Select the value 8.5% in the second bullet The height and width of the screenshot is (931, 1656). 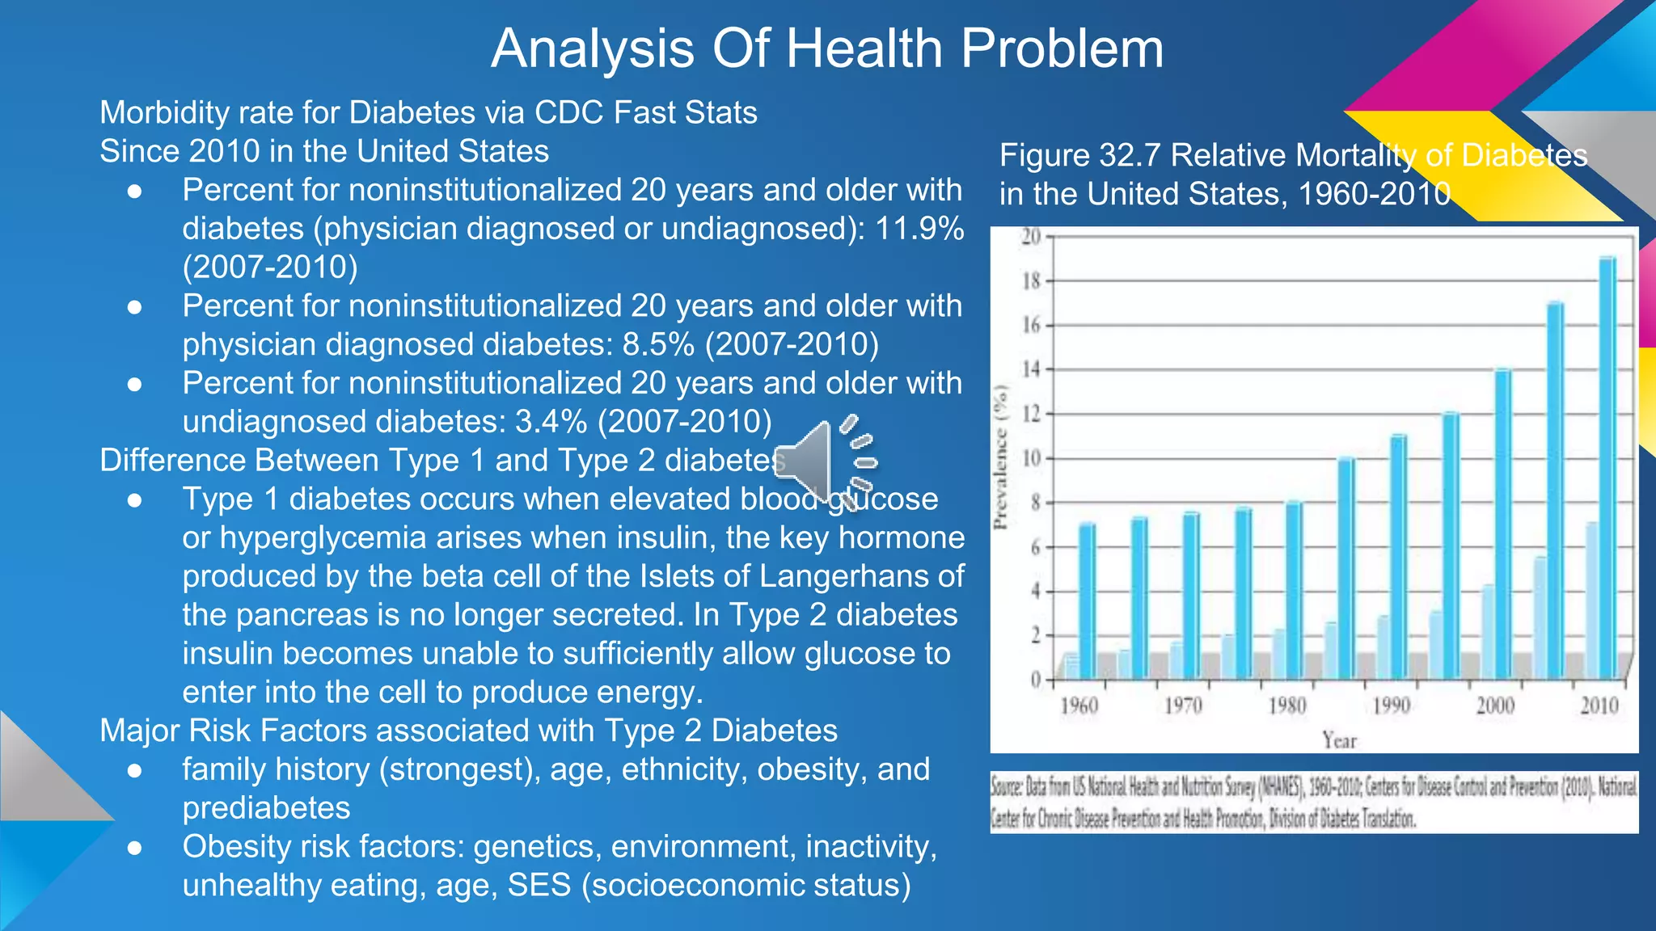(658, 345)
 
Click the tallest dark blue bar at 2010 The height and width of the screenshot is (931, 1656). (1607, 469)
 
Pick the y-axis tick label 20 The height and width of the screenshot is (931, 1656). (1030, 237)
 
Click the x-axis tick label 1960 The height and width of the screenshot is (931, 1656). (1079, 706)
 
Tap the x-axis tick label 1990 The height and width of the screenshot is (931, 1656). (1391, 706)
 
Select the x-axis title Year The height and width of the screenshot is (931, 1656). (1339, 740)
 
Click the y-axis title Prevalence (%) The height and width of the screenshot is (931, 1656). (1002, 457)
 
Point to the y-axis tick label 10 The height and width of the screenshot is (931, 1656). (1030, 459)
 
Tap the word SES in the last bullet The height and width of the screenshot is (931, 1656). (539, 886)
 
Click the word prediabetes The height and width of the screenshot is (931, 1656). (266, 808)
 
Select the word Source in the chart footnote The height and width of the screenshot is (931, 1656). (1008, 786)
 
